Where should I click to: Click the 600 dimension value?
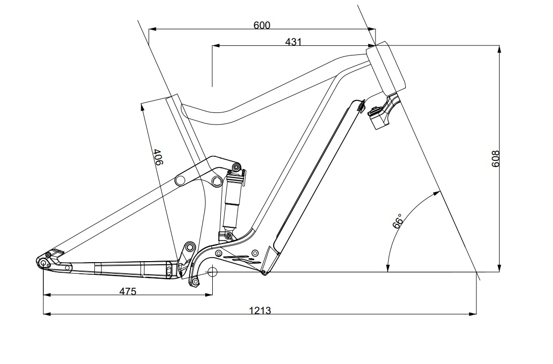click(262, 25)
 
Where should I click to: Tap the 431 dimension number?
click(293, 42)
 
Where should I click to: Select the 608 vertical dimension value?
click(496, 159)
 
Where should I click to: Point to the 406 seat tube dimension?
click(158, 157)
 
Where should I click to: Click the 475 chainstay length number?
click(128, 291)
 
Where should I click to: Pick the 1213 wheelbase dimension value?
click(260, 311)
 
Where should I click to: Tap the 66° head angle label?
click(398, 221)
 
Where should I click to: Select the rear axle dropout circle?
click(43, 263)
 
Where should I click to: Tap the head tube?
click(386, 68)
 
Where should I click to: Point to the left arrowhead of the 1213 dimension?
click(46, 314)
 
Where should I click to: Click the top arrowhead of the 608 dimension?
click(499, 49)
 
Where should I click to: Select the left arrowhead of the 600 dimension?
click(153, 30)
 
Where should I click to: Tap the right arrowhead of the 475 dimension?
click(209, 294)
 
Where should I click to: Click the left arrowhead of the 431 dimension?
click(216, 45)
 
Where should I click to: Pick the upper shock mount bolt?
click(236, 166)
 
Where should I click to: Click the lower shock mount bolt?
click(228, 235)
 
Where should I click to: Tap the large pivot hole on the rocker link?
click(217, 181)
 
